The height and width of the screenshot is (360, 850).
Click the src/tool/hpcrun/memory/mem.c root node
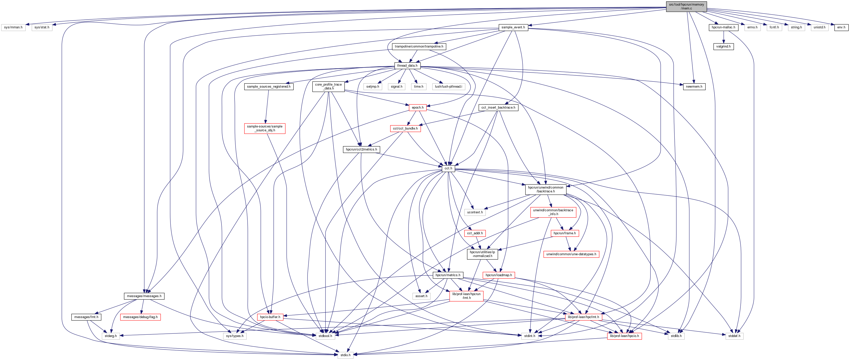[x=686, y=6]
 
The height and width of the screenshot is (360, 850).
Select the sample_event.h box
[x=513, y=27]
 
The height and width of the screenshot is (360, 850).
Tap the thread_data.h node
[x=407, y=66]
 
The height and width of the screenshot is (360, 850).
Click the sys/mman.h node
[x=13, y=27]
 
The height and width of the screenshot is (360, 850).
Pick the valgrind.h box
[x=723, y=47]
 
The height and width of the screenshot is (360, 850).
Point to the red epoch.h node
[x=417, y=108]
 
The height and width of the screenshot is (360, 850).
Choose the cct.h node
[x=448, y=168]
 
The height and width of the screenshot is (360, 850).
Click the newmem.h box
[x=694, y=86]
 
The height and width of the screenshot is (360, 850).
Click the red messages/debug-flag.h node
[x=140, y=317]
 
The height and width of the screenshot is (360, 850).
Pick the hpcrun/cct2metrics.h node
[x=361, y=149]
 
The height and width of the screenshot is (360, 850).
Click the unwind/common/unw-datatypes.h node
[x=571, y=254]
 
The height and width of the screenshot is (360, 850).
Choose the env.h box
[x=841, y=27]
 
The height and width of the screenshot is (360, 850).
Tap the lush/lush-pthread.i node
[x=448, y=86]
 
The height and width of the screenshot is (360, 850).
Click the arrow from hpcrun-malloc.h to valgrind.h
[x=723, y=37]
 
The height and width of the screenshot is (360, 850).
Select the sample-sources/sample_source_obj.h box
[x=265, y=128]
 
